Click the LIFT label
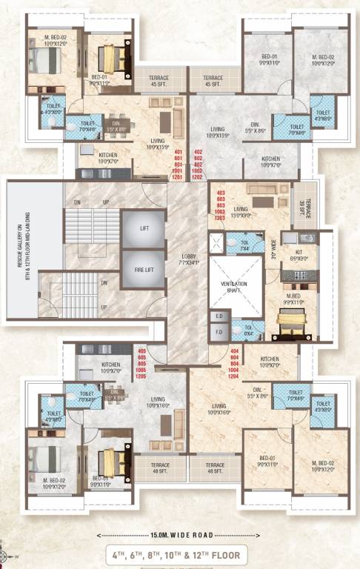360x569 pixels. [x=144, y=229]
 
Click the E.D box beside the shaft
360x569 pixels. [x=218, y=316]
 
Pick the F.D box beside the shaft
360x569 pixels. [x=218, y=332]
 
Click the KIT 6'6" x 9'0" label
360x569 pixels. [x=299, y=255]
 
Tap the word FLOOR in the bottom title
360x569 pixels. [x=224, y=553]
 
